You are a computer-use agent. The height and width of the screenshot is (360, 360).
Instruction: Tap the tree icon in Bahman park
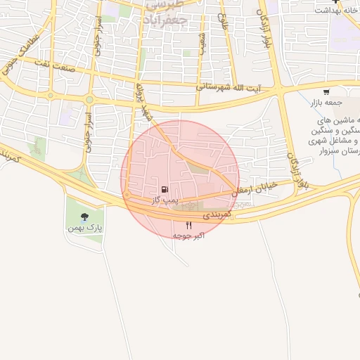[x=85, y=217]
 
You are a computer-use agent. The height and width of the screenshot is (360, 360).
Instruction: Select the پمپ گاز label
[x=163, y=200]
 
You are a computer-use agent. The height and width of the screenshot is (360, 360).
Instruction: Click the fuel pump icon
[x=164, y=189]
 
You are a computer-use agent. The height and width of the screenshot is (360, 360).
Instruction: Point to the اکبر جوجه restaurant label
[x=188, y=236]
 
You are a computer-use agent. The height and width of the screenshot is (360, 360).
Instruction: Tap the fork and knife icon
[x=188, y=225]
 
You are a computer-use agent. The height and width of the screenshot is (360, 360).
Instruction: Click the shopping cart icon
[x=326, y=92]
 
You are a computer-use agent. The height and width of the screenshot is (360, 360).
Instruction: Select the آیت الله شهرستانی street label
[x=226, y=87]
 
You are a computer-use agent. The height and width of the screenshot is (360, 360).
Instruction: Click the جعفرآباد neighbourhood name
[x=165, y=15]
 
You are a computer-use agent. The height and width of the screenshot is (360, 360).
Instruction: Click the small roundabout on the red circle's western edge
[x=127, y=194]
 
